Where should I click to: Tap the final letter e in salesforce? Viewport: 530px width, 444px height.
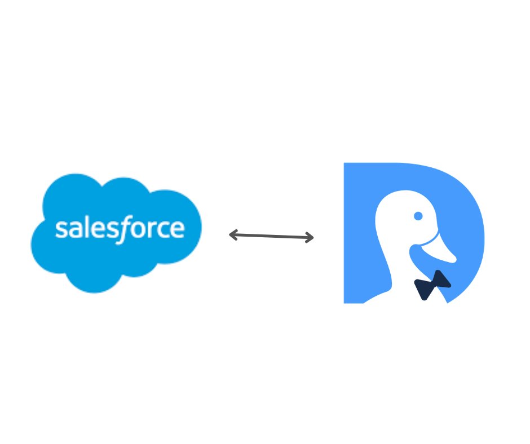click(175, 229)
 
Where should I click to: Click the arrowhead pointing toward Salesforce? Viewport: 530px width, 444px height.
click(232, 235)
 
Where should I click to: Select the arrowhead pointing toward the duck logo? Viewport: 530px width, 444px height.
click(310, 238)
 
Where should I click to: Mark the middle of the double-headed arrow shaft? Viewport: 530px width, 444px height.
click(271, 236)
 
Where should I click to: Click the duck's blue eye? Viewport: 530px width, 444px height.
click(418, 216)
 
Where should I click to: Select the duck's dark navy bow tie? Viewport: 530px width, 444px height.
click(432, 285)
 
